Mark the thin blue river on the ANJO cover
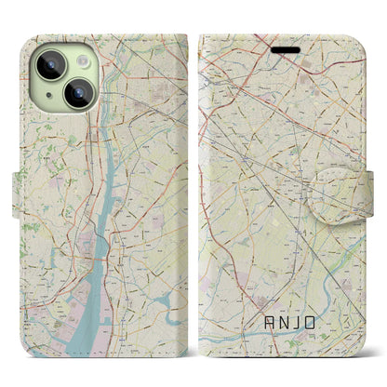(x=279, y=340)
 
